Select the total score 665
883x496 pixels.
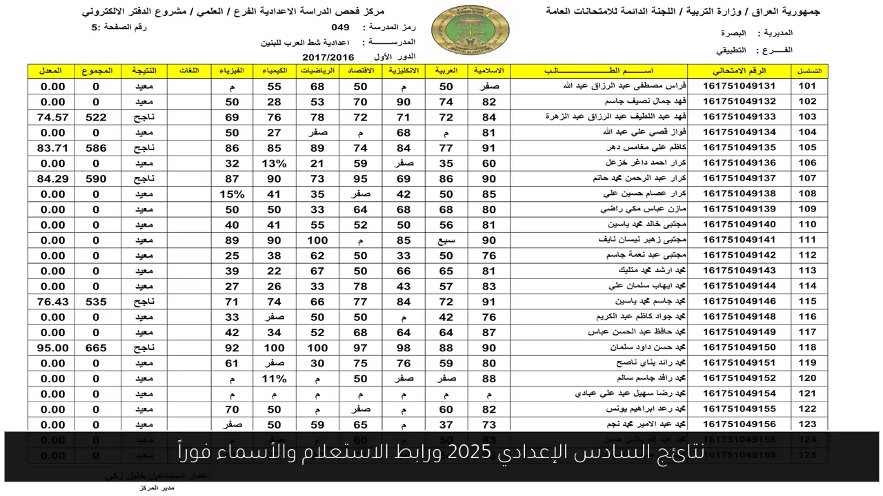pyautogui.click(x=96, y=348)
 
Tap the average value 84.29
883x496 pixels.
pyautogui.click(x=53, y=178)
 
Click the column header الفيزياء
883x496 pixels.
pyautogui.click(x=232, y=71)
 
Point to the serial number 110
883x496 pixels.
pyautogui.click(x=807, y=225)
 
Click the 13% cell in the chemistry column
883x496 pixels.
pyautogui.click(x=275, y=163)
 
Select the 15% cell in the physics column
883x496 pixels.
pyautogui.click(x=232, y=194)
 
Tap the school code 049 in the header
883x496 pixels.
pyautogui.click(x=340, y=28)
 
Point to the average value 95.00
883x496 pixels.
pyautogui.click(x=53, y=348)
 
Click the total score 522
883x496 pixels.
pyautogui.click(x=96, y=117)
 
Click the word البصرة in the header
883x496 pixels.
pyautogui.click(x=735, y=33)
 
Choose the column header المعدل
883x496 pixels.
pyautogui.click(x=53, y=71)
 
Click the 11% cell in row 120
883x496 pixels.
pyautogui.click(x=275, y=378)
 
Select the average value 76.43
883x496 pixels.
pyautogui.click(x=53, y=302)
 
